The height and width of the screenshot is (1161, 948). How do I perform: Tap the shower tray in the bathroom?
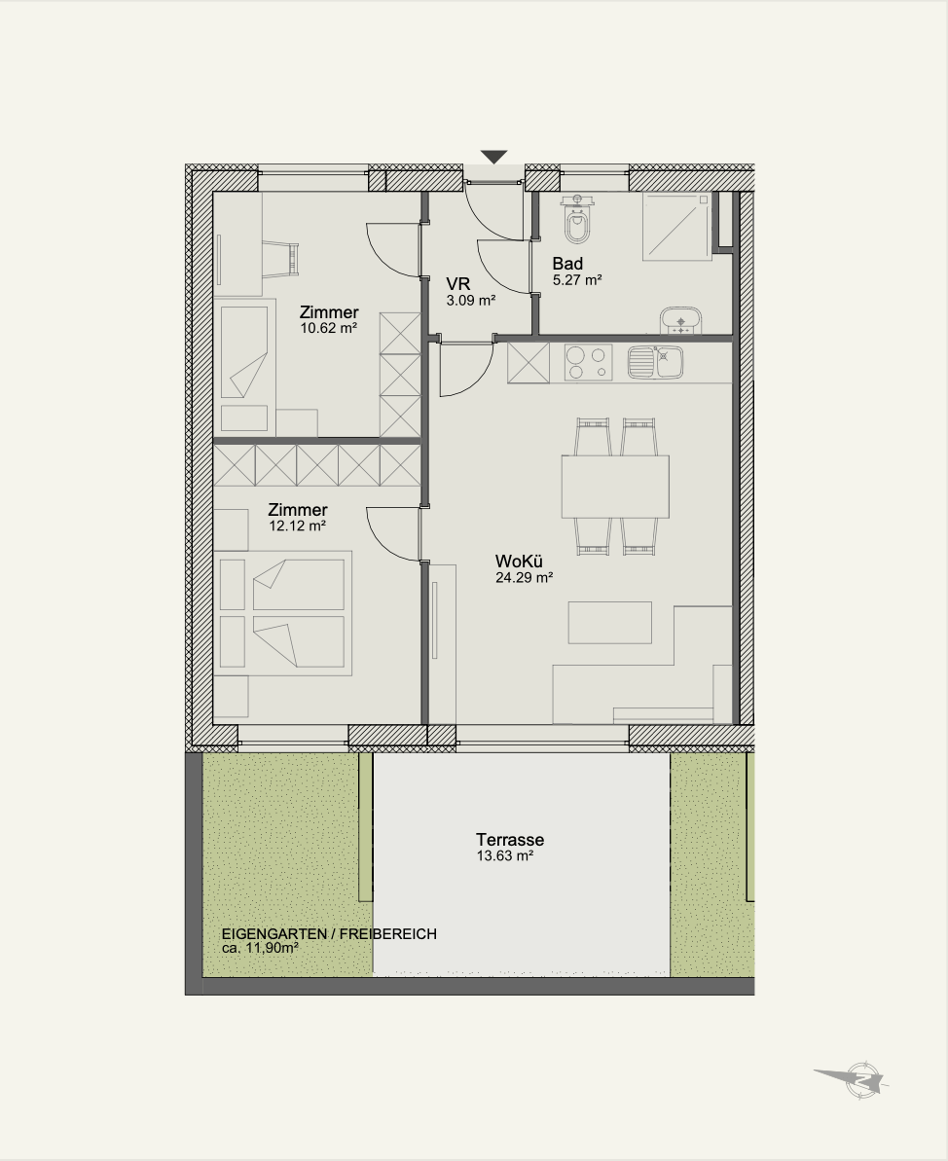(x=676, y=226)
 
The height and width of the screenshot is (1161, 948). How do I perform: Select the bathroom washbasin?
(x=680, y=320)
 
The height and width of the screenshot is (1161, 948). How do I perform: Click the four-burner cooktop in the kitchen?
(x=589, y=363)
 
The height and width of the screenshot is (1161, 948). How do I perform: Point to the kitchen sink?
(x=655, y=363)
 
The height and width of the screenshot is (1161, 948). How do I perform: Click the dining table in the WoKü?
(x=615, y=487)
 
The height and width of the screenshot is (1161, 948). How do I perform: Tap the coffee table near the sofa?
(x=610, y=623)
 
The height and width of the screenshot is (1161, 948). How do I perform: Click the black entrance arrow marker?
(x=494, y=157)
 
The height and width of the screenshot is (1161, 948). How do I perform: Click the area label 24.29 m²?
(x=525, y=578)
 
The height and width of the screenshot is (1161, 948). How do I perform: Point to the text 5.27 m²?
(x=577, y=280)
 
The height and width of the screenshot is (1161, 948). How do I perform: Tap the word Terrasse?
(x=510, y=840)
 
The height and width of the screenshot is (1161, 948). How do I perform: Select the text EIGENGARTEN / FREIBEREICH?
(x=329, y=934)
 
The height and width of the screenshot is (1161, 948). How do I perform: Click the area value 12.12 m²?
(x=298, y=526)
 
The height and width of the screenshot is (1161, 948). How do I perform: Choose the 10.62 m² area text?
(x=329, y=328)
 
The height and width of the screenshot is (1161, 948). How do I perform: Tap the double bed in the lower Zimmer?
(x=282, y=613)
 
